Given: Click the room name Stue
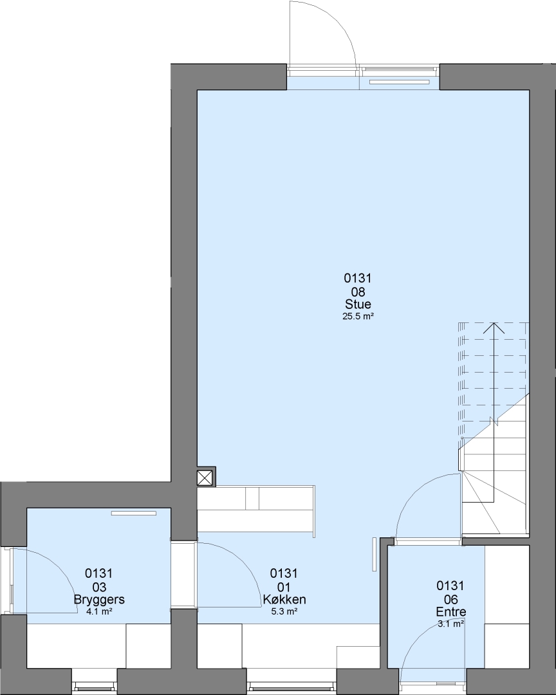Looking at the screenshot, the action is click(x=358, y=304).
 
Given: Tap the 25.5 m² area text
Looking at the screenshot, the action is click(x=358, y=317).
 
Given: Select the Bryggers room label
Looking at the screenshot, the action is click(x=99, y=600).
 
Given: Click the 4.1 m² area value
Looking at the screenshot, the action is click(x=99, y=612).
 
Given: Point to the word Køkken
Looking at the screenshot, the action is click(x=284, y=600).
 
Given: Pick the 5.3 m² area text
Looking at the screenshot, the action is click(x=284, y=612).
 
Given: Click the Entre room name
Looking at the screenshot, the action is click(x=451, y=612).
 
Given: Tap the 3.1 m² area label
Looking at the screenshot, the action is click(x=451, y=624).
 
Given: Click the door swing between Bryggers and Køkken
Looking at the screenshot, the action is click(x=243, y=563).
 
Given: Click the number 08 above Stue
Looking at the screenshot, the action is click(x=358, y=292).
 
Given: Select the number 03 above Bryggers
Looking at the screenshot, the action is click(x=99, y=587).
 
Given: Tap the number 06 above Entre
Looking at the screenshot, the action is click(x=451, y=599).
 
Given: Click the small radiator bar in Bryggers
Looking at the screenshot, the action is click(x=134, y=514).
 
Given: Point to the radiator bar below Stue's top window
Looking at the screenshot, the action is click(x=400, y=82).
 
